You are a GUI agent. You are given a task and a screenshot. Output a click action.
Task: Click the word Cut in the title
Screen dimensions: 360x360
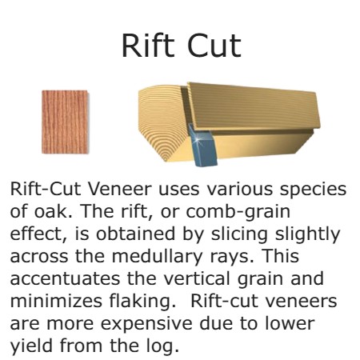pos(214,46)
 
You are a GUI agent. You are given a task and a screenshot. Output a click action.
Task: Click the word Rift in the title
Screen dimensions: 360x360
pos(148,46)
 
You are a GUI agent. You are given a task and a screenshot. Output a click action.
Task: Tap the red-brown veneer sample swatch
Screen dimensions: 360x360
pos(65,122)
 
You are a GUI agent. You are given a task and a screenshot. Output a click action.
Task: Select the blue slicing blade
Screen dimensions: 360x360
pos(202,146)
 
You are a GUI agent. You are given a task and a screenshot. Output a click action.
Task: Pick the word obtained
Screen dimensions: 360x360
pos(135,234)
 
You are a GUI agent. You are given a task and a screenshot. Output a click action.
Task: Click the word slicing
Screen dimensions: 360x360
pos(239,235)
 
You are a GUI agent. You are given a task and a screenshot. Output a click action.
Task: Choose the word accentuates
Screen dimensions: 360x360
pos(65,279)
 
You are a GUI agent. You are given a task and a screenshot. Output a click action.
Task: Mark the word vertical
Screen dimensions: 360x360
pos(197,278)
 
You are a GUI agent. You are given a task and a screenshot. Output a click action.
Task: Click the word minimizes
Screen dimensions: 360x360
pos(56,301)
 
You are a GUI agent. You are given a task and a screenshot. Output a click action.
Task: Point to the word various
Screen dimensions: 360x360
pos(239,189)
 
